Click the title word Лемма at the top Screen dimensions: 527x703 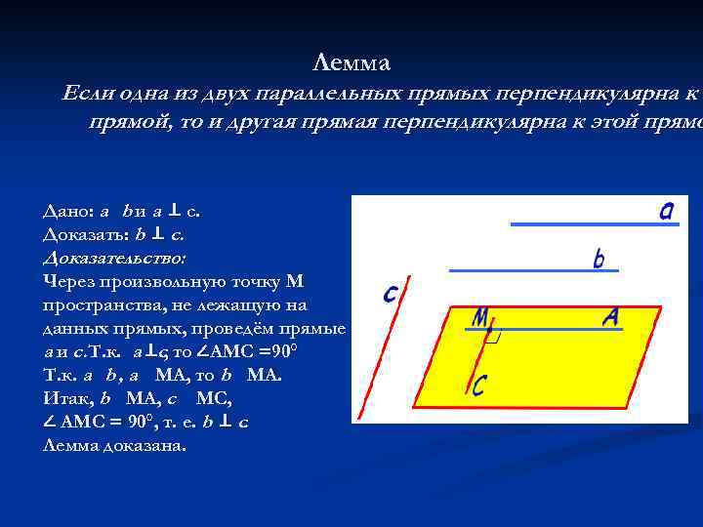coord(351,63)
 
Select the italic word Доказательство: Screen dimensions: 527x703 coord(114,258)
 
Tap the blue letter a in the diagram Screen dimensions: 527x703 coord(666,211)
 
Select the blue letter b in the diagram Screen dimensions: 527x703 coord(599,260)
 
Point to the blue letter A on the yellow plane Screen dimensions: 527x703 coord(610,317)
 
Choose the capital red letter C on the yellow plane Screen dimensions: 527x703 coord(479,386)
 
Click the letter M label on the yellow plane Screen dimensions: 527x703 coord(480,319)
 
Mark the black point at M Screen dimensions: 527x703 coord(486,332)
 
